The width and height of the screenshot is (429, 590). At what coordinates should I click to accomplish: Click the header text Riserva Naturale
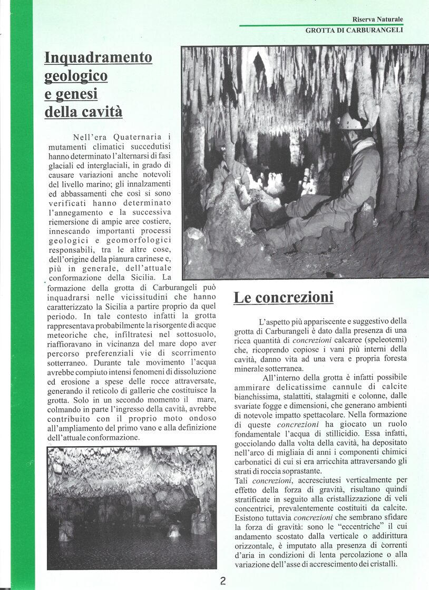[x=378, y=19]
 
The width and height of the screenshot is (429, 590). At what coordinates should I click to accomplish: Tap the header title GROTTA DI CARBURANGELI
[x=354, y=31]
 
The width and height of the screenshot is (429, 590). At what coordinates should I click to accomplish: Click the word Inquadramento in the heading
[x=99, y=57]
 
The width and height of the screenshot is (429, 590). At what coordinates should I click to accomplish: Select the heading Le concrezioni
[x=284, y=298]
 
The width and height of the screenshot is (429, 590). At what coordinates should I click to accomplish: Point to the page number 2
[x=223, y=581]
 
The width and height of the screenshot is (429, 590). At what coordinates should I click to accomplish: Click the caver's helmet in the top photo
[x=350, y=122]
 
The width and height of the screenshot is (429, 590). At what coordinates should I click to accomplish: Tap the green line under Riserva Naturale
[x=321, y=25]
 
